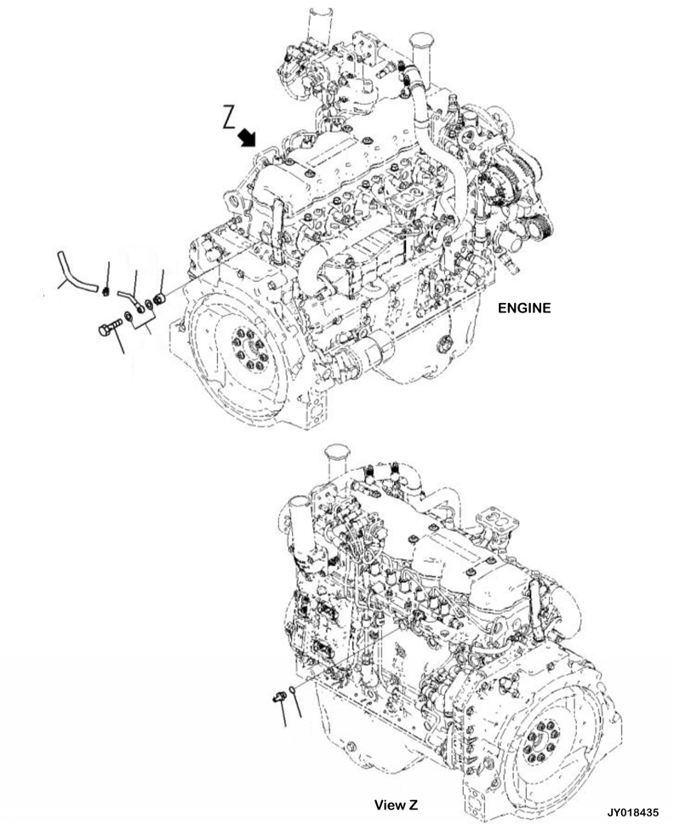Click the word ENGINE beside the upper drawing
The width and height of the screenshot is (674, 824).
coord(524,308)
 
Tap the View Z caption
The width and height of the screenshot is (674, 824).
coord(397,804)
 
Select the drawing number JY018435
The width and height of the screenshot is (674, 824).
coord(633,812)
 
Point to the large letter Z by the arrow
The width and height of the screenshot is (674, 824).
coord(229,117)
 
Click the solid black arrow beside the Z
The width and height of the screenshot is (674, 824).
coord(247,138)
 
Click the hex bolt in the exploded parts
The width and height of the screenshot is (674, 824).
coord(110,328)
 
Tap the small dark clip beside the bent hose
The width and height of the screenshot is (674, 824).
coord(106,290)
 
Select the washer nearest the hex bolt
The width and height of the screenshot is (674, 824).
coord(129,317)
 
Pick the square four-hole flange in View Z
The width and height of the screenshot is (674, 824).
coord(496,522)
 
